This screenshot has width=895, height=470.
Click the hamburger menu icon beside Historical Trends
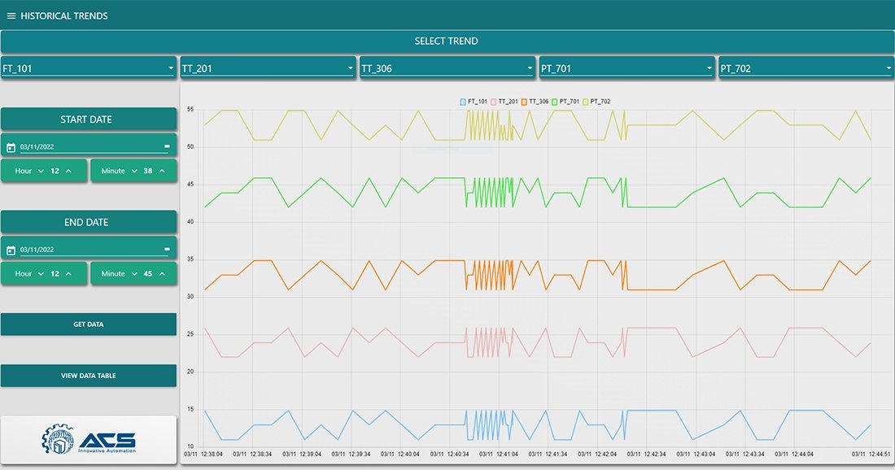(11, 15)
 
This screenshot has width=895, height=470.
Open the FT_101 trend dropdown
(89, 68)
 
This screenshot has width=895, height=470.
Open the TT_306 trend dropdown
(447, 68)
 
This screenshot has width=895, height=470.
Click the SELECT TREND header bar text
(446, 41)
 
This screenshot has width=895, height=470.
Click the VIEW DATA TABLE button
(89, 376)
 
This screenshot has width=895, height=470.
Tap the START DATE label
(86, 120)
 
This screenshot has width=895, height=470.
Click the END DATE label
(86, 222)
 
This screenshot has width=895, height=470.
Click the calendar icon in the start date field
(11, 147)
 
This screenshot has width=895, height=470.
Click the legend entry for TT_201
(504, 102)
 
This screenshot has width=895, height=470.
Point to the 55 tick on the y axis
(190, 109)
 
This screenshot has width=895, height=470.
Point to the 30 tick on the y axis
(190, 297)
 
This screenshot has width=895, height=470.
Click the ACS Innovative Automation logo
(89, 440)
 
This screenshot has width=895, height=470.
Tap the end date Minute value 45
(148, 274)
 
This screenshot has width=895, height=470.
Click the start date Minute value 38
(148, 171)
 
